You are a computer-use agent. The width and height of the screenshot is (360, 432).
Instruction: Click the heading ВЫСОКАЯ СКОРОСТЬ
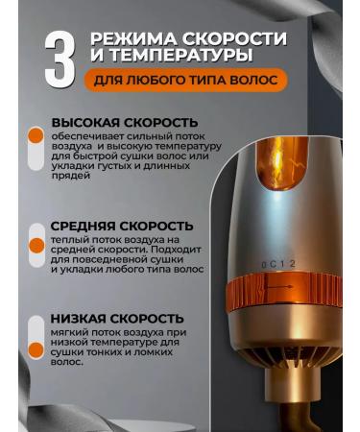pos(116,126)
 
